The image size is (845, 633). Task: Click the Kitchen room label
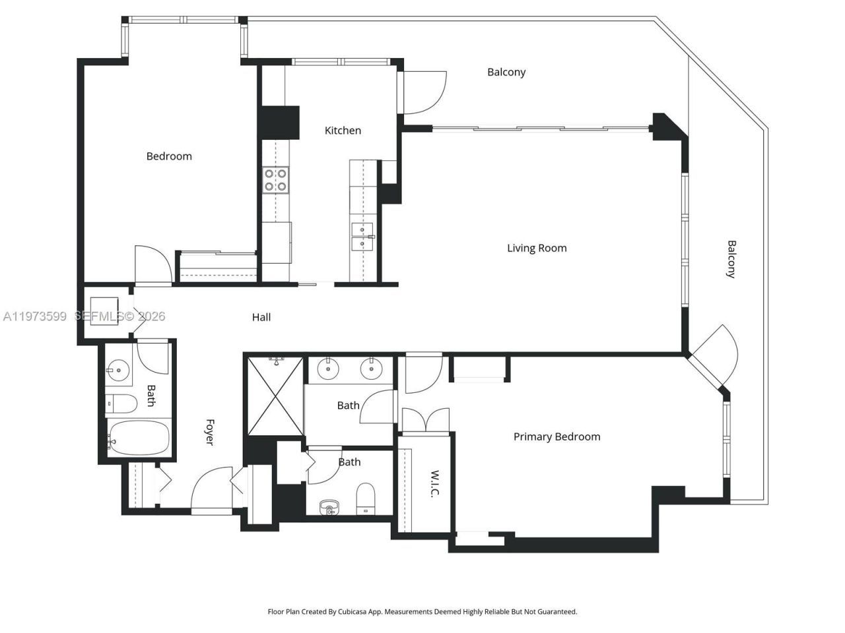click(x=343, y=131)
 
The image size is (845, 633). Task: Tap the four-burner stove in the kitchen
click(x=276, y=180)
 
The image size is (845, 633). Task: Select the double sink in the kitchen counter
click(x=362, y=237)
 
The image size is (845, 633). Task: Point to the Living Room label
click(x=537, y=248)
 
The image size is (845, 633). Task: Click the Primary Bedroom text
click(x=557, y=437)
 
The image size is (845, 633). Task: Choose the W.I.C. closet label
click(x=435, y=483)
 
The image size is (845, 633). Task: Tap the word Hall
click(x=261, y=317)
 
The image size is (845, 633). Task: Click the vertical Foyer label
click(x=210, y=432)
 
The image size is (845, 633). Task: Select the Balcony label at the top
click(x=506, y=72)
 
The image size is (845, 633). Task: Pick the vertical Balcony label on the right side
click(x=731, y=259)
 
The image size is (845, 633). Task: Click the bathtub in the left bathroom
click(x=139, y=437)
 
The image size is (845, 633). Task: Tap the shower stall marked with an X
click(x=275, y=396)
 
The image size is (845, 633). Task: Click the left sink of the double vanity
click(x=327, y=369)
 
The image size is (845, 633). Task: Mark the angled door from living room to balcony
click(x=713, y=356)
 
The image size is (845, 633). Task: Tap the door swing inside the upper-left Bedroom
click(x=152, y=265)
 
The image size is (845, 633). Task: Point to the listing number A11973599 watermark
click(x=34, y=316)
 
